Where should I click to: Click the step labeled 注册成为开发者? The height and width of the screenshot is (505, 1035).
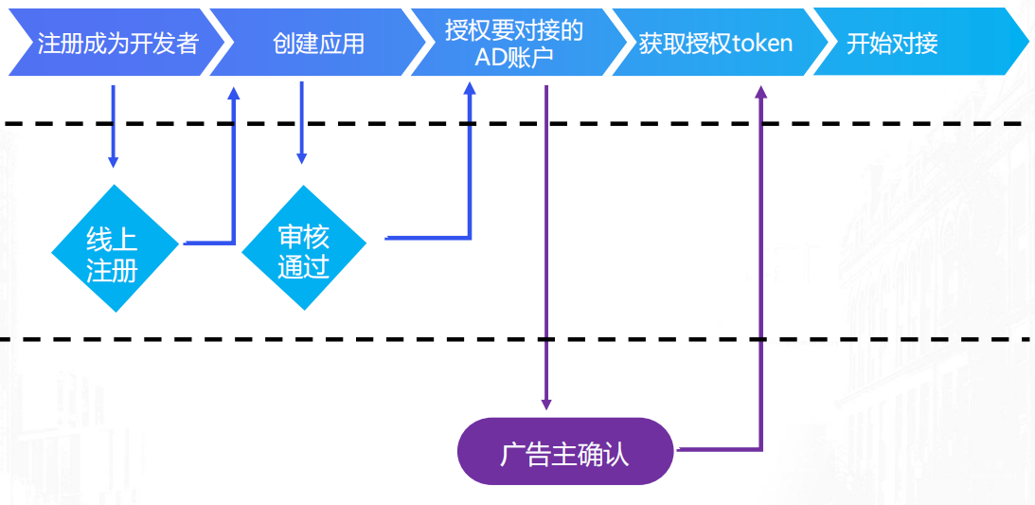coord(117,44)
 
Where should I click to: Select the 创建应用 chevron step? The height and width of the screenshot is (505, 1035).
coord(318,44)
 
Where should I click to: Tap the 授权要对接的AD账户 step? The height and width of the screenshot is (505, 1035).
coord(514,44)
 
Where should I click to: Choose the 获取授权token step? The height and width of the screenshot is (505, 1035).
coord(715,44)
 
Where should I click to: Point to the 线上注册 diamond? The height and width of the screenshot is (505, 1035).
coord(114,248)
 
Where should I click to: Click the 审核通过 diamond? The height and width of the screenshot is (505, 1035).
coord(303,248)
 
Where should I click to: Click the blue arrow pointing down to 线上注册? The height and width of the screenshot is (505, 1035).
coord(114,161)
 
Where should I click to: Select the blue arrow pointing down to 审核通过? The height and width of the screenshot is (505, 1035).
coord(302,157)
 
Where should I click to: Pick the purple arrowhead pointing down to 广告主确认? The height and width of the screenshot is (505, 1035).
coord(546,403)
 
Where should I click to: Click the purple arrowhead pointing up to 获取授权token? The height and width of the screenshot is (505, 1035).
coord(760,92)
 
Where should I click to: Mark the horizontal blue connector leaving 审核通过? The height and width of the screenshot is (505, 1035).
coord(426,238)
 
